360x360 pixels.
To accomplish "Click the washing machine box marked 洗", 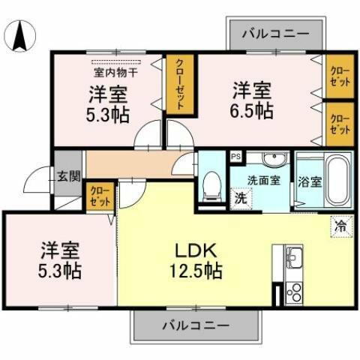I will click(241, 199).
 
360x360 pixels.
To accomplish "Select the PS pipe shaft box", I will click(236, 157).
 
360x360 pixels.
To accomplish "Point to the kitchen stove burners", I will click(292, 292).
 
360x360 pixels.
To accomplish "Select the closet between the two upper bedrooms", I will click(178, 85).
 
